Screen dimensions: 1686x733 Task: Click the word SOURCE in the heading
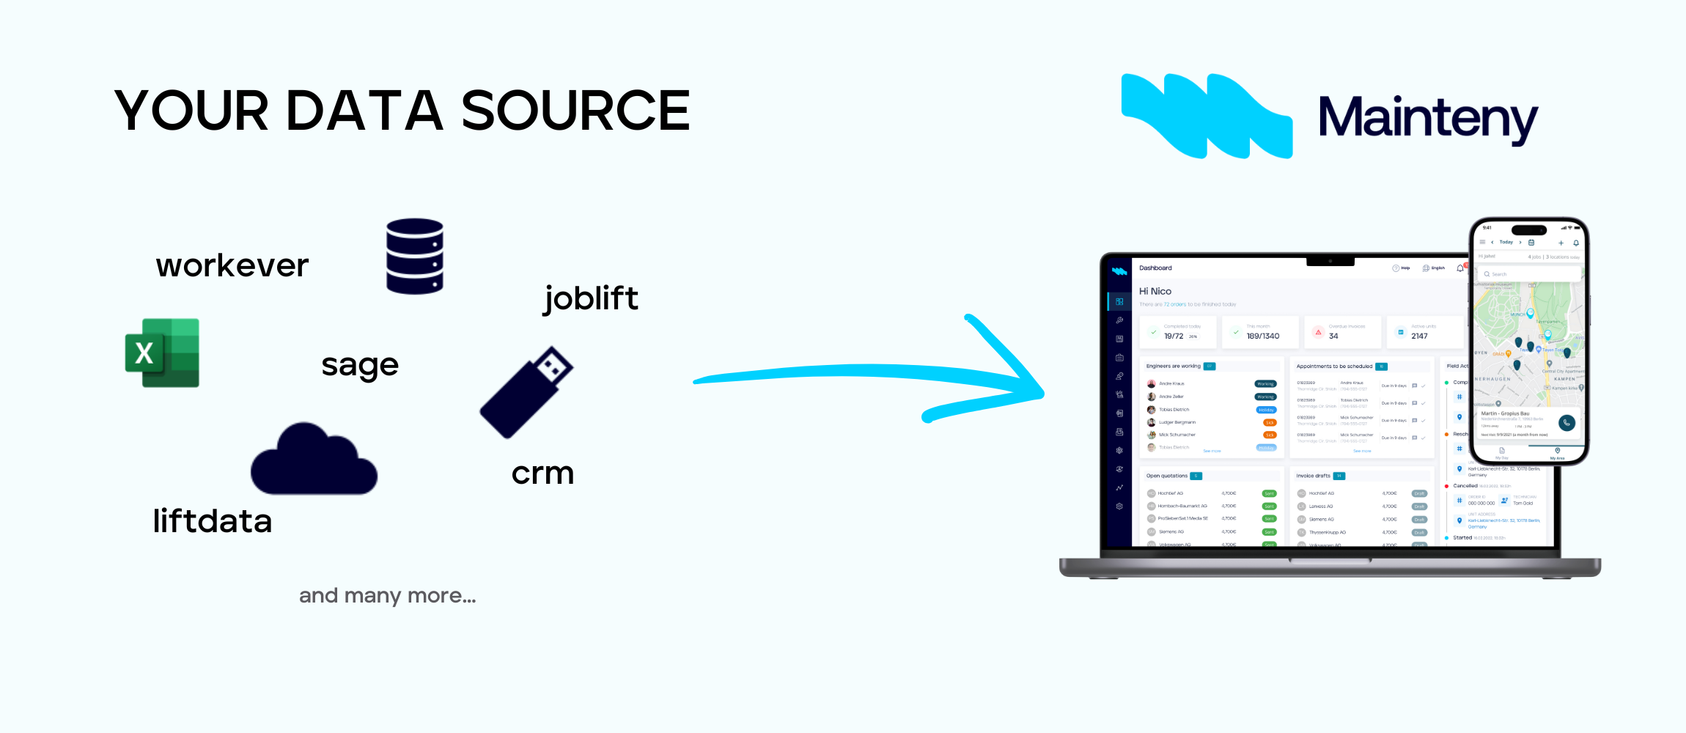(575, 111)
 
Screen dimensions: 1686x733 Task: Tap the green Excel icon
(163, 353)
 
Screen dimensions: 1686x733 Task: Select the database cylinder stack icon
(415, 257)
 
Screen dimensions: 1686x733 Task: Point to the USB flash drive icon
(526, 392)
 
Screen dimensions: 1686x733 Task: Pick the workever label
(232, 265)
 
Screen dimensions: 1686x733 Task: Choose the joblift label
(591, 298)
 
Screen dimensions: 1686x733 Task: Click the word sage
(360, 365)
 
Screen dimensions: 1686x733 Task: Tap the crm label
(542, 473)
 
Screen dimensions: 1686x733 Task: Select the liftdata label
(213, 521)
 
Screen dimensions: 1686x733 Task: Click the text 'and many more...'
(387, 595)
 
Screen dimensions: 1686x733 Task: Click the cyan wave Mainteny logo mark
(1207, 116)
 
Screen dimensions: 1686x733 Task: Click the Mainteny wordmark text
(1428, 119)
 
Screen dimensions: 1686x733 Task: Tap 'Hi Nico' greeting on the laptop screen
(1155, 291)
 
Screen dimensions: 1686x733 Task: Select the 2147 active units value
(1419, 336)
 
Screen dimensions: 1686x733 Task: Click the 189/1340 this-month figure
(1263, 336)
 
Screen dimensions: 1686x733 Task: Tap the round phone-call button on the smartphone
(1567, 422)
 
